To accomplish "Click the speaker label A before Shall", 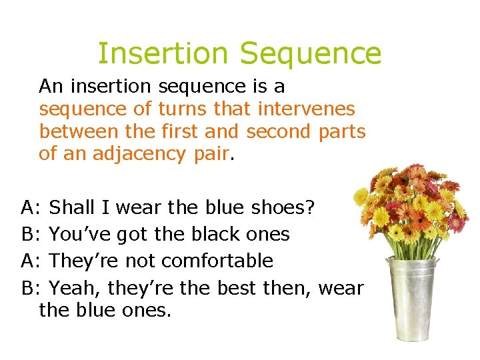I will (29, 207).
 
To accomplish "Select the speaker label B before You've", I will (29, 234).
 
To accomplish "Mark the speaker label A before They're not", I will (29, 261).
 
